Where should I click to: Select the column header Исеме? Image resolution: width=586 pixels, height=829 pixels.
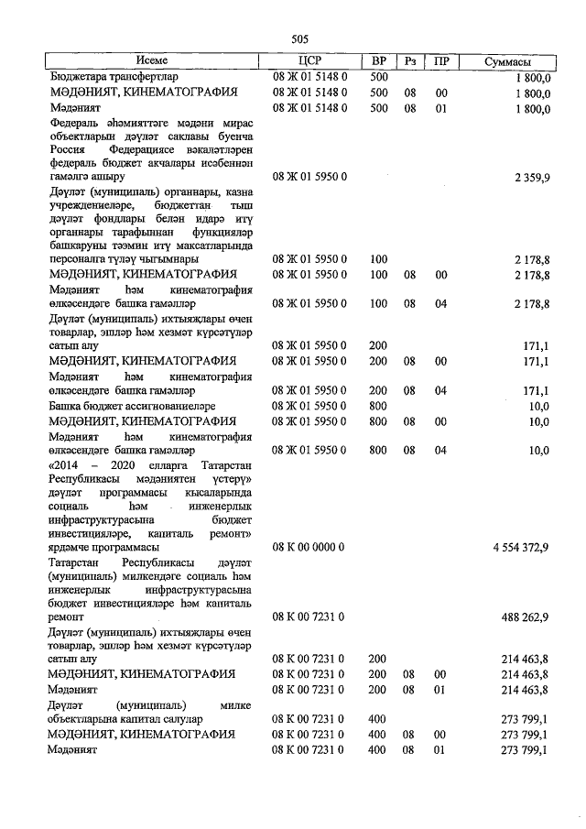(151, 61)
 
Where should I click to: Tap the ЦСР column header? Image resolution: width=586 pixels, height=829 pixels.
(309, 61)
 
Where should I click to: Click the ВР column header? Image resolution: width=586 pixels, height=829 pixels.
(378, 61)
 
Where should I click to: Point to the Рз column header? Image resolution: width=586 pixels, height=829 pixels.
(411, 61)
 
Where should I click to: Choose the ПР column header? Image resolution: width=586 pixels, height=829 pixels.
(441, 61)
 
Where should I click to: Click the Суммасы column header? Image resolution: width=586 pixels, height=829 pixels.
(515, 61)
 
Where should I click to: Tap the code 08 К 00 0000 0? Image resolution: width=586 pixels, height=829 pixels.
(309, 547)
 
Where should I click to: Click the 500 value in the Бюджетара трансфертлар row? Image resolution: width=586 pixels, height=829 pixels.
(378, 77)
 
